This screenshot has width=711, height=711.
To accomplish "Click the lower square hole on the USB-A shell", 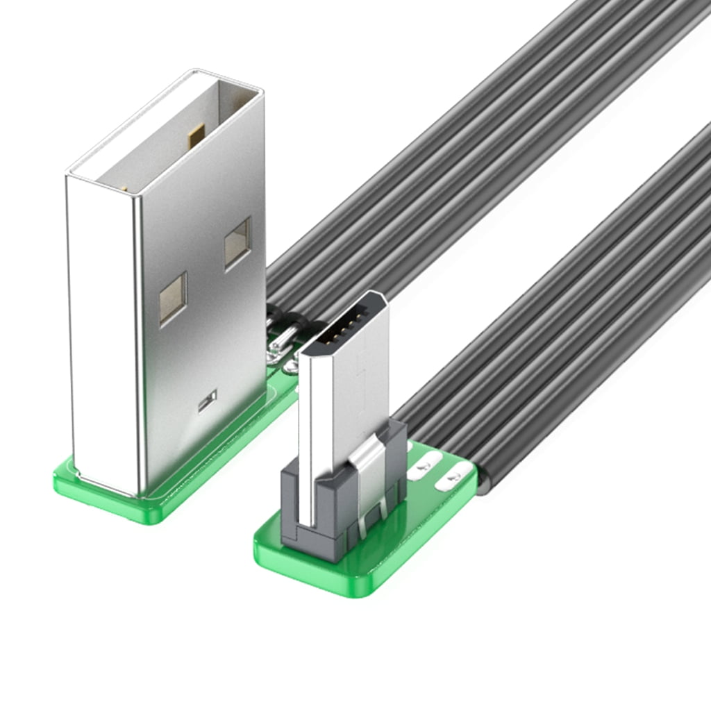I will [172, 298].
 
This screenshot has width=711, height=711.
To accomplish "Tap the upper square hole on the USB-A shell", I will [237, 242].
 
